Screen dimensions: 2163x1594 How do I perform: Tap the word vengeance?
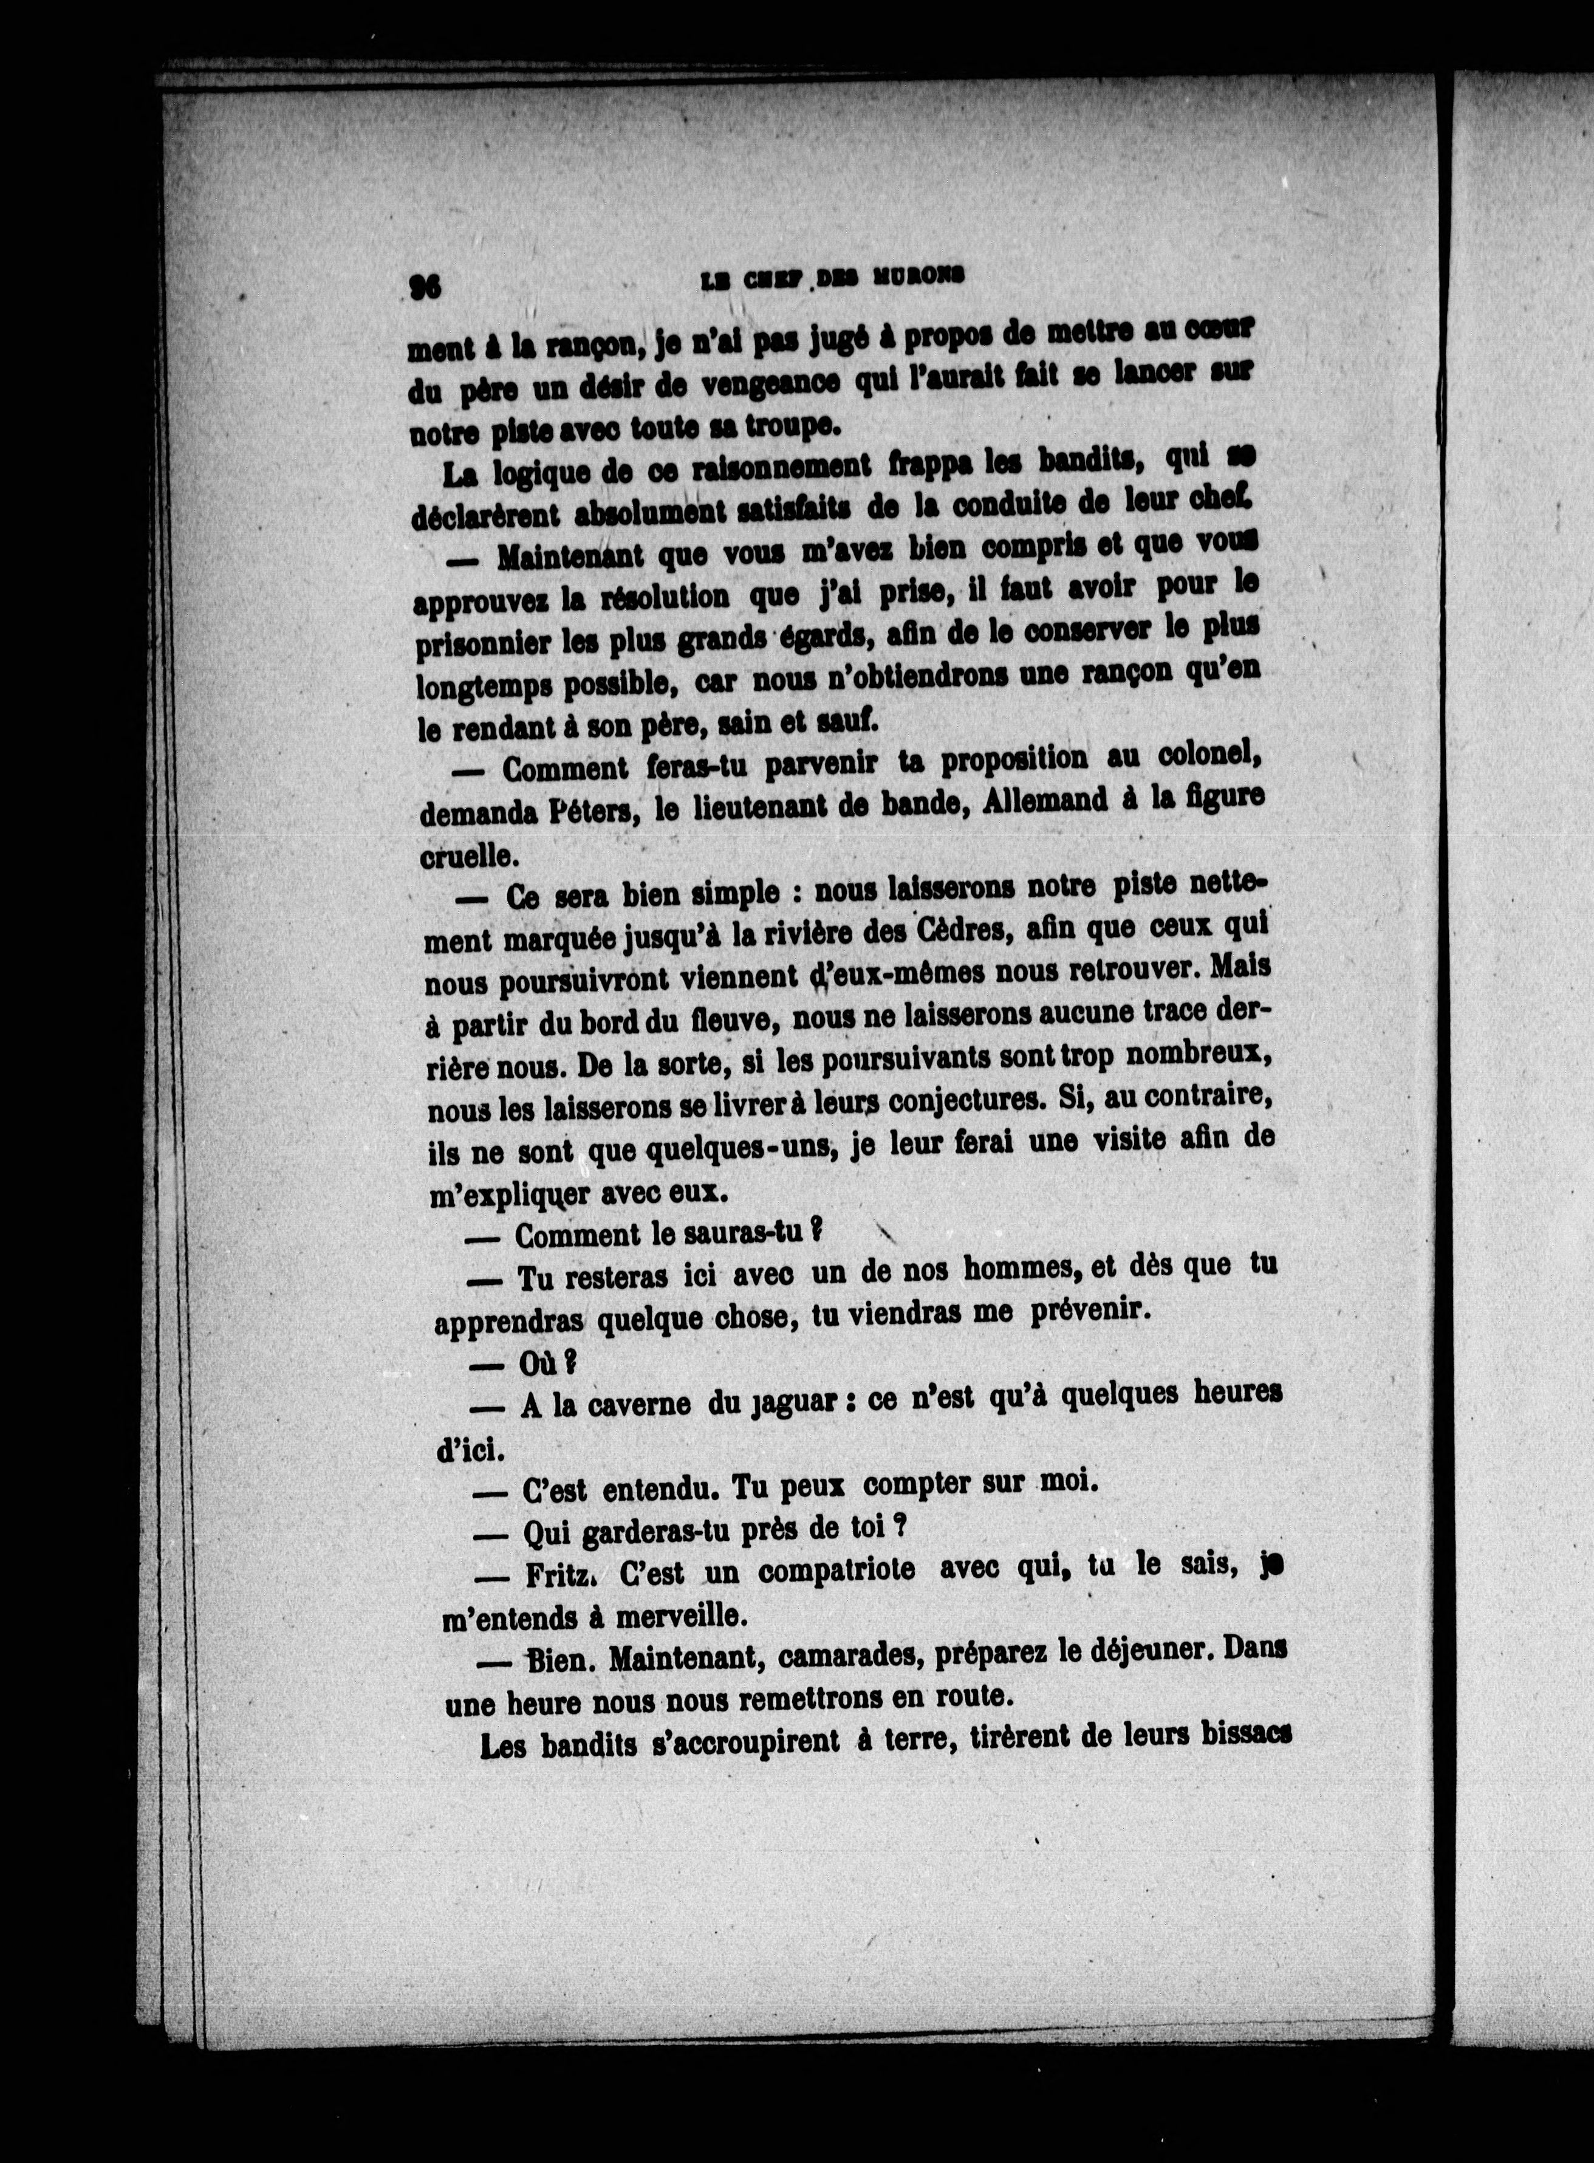[x=770, y=385]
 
